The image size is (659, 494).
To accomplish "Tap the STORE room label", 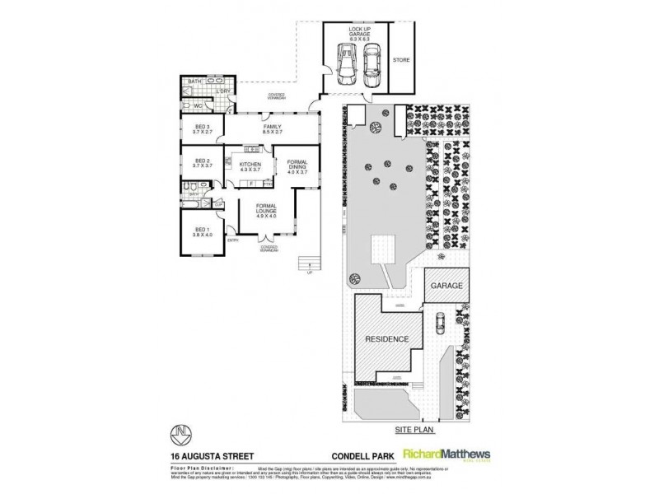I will pos(401,60).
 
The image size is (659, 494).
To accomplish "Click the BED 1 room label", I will pos(203,232).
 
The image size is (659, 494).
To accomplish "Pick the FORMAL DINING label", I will pos(297,167).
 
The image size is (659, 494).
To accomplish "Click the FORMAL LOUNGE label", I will pos(265,211).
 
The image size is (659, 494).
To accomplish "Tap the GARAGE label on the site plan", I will pos(446,287).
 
